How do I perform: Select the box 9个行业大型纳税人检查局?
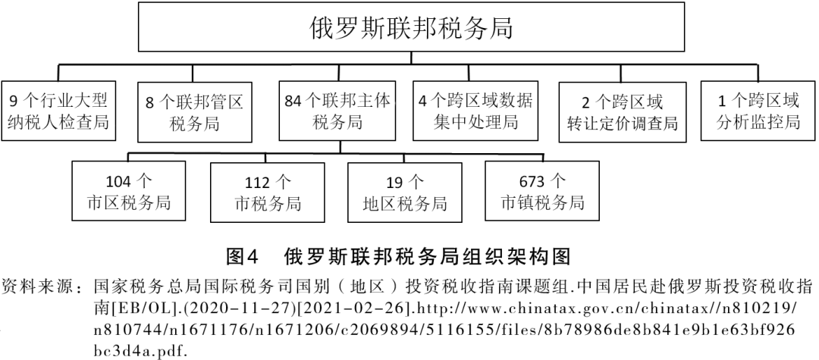(x=59, y=111)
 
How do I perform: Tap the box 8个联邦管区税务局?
(x=194, y=111)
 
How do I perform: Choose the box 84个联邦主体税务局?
(x=337, y=111)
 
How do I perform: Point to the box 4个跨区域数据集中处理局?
(x=475, y=111)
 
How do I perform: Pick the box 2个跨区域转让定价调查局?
(x=622, y=111)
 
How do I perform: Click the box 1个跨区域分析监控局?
(x=758, y=111)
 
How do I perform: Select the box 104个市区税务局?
(x=128, y=192)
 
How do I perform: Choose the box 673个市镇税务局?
(x=542, y=192)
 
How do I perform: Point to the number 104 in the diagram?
(x=118, y=182)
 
